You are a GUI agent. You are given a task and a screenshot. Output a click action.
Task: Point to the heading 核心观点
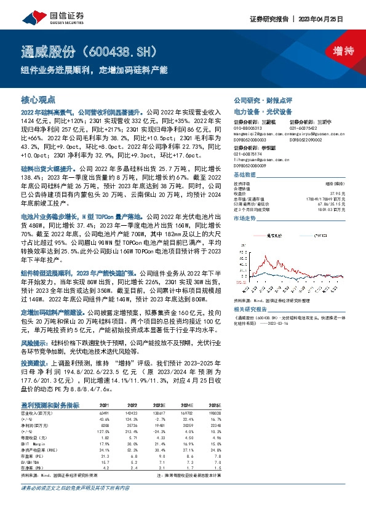38,98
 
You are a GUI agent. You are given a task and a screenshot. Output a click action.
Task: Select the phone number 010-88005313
248,128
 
